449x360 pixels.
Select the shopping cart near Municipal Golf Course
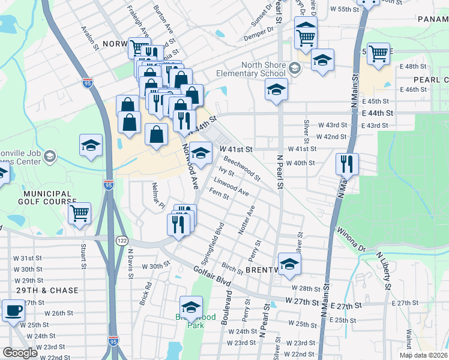coord(79,213)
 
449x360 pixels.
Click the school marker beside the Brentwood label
coord(289,265)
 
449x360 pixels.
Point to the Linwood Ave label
coord(231,186)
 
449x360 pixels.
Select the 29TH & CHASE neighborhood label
coord(47,290)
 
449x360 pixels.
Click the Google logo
coord(21,353)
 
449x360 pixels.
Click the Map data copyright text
coord(423,355)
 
